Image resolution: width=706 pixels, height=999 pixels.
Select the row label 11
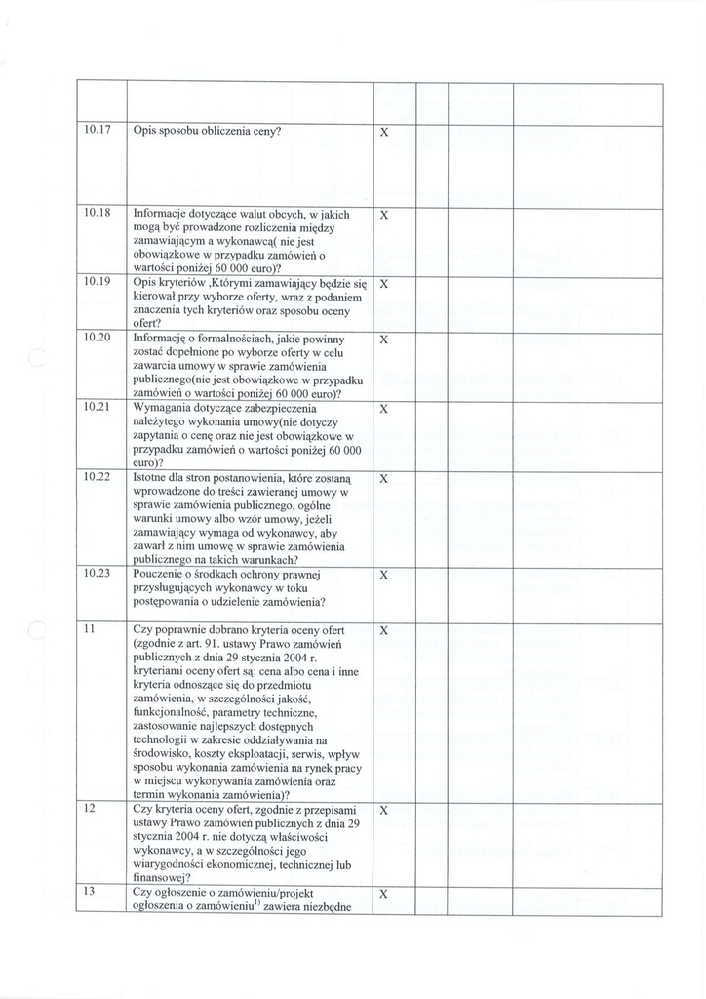tap(88, 630)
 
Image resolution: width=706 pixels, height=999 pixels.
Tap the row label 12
tap(88, 810)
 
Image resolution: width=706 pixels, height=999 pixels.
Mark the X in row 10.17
tap(383, 131)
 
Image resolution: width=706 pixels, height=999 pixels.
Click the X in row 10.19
tap(383, 284)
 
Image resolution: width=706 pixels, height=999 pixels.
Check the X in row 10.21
tap(383, 408)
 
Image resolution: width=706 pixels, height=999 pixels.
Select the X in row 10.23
tap(383, 576)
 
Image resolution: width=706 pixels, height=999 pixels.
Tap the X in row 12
tap(383, 811)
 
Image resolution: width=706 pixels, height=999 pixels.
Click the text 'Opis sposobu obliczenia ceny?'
tap(207, 131)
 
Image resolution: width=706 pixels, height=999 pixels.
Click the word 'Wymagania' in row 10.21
tap(162, 407)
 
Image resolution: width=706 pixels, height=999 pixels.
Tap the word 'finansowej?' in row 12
tap(161, 878)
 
